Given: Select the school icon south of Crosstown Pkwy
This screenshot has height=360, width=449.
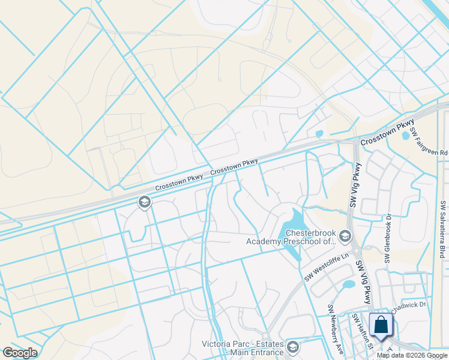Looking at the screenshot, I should point(144,202).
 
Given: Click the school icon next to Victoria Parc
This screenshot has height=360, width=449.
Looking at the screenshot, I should point(292,347).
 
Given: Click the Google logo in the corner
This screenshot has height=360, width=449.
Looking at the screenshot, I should point(20,353).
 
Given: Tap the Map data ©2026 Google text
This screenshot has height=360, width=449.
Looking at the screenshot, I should point(412,355).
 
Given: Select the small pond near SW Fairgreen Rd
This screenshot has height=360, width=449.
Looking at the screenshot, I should point(406,136).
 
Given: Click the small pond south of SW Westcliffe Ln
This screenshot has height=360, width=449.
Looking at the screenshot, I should point(348,284).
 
